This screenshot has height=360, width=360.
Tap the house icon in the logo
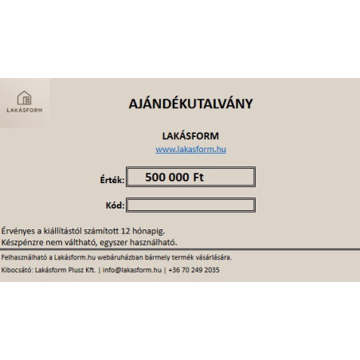pyautogui.click(x=25, y=98)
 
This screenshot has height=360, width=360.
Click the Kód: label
pyautogui.click(x=115, y=205)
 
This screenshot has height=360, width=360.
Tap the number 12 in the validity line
pyautogui.click(x=131, y=229)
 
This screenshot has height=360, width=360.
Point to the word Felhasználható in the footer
pyautogui.click(x=24, y=257)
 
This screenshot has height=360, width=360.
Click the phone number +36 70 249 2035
pyautogui.click(x=193, y=270)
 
